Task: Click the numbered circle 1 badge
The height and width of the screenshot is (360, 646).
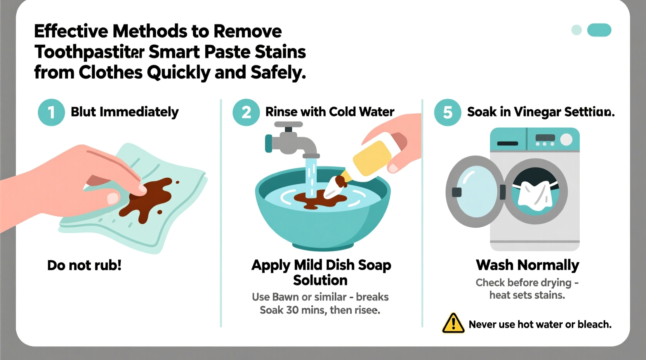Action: pyautogui.click(x=51, y=112)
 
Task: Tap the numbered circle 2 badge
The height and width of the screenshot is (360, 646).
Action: pyautogui.click(x=246, y=112)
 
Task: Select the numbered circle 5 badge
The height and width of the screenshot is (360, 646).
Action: pyautogui.click(x=448, y=112)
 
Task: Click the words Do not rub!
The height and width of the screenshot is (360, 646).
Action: pyautogui.click(x=84, y=265)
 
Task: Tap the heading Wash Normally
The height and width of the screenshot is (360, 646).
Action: pyautogui.click(x=527, y=265)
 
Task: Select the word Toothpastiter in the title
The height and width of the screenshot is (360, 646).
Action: pyautogui.click(x=90, y=52)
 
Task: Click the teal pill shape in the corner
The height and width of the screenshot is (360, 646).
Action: pyautogui.click(x=599, y=30)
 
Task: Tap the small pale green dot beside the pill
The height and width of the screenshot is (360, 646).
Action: pyautogui.click(x=577, y=30)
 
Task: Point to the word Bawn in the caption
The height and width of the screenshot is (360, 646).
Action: pyautogui.click(x=285, y=297)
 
